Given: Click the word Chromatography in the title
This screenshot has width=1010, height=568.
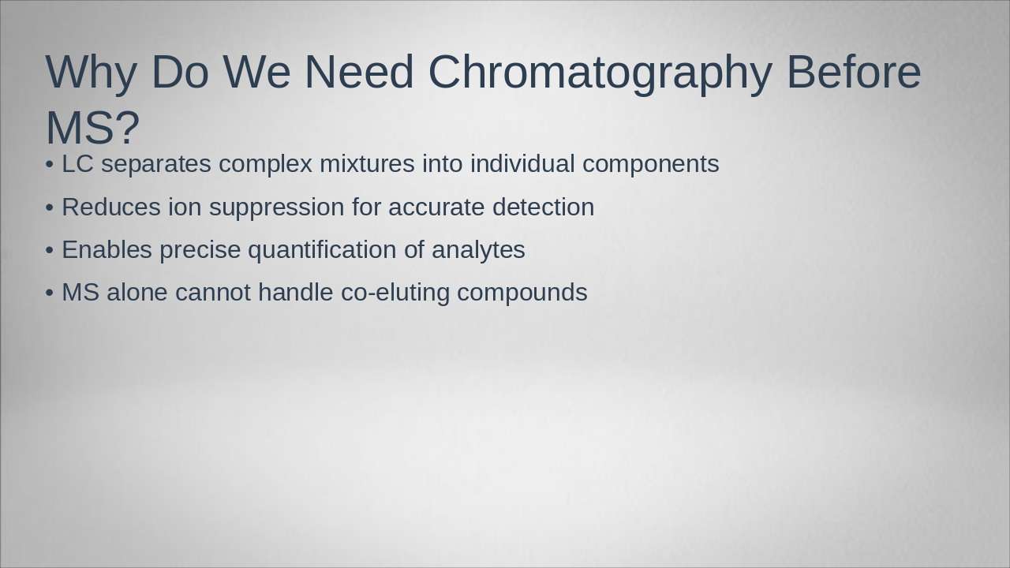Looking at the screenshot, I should tap(600, 73).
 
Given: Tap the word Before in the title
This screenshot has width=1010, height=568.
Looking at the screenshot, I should tap(854, 73).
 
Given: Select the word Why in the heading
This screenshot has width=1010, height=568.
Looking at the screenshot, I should tap(91, 73).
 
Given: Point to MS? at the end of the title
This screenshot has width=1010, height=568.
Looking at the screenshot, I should tap(92, 128).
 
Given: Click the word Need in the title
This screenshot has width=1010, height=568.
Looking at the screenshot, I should tap(359, 73).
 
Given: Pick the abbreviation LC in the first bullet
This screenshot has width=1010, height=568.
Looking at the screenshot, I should tap(77, 164).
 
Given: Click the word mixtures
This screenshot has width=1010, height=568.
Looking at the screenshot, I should tap(367, 164).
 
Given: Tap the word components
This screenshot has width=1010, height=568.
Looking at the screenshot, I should tap(651, 165).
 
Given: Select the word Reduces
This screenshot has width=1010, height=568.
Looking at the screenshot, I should tap(111, 207).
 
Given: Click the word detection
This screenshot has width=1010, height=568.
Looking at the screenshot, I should tap(543, 207).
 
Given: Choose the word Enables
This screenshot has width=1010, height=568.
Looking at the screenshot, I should tap(107, 250).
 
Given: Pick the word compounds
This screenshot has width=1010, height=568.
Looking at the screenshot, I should tap(522, 293).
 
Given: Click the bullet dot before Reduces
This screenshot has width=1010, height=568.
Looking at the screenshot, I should tap(50, 207).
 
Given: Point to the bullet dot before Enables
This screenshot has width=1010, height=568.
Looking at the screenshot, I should tap(50, 250).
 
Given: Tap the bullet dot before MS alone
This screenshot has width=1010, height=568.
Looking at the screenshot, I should tap(50, 293).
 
